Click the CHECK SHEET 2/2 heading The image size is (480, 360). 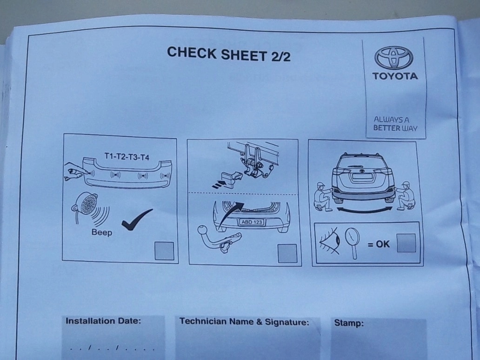pos(229,54)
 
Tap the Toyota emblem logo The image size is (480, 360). pos(393,58)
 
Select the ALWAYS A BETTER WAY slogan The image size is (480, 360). pos(395,124)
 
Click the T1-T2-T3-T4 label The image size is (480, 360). pos(127,156)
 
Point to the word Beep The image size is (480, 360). pos(102,232)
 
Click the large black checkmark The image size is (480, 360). pos(137,220)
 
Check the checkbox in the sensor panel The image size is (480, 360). pos(164,251)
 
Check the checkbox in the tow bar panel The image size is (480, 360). pos(287,253)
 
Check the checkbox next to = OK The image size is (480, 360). pos(406,243)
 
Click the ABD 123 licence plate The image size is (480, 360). pos(252,222)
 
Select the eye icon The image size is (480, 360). pos(330,240)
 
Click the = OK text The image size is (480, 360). pos(379,244)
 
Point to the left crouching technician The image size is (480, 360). pos(323,197)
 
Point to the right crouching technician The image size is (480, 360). pos(405,196)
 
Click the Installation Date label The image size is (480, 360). pos(103,321)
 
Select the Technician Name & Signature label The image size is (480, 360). pos(244,321)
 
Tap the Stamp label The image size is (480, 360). pos(349,323)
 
